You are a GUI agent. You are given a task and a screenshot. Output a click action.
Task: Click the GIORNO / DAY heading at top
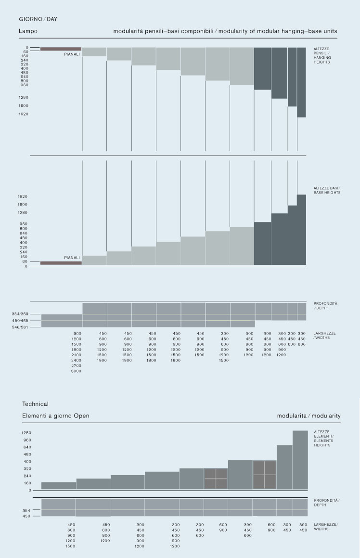[x=38, y=19]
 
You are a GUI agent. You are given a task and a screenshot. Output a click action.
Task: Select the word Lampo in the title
[x=28, y=31]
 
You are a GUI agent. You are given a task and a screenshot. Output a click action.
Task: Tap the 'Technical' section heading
[x=35, y=404]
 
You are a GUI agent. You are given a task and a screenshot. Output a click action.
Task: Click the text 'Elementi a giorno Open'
[x=55, y=415]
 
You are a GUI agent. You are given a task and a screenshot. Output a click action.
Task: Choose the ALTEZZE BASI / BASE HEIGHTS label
[x=327, y=190]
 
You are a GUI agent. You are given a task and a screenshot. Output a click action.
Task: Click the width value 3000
[x=77, y=371]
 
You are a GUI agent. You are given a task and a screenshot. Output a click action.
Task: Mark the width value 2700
[x=77, y=366]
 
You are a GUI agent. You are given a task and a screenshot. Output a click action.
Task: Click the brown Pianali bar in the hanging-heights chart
[x=61, y=49]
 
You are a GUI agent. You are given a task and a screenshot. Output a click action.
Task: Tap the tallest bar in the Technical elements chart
[x=300, y=460]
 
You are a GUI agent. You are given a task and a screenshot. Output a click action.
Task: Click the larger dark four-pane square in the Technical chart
[x=265, y=475]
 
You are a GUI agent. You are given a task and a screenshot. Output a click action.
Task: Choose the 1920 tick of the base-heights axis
[x=22, y=196]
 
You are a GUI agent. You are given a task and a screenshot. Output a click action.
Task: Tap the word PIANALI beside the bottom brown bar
[x=72, y=258]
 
